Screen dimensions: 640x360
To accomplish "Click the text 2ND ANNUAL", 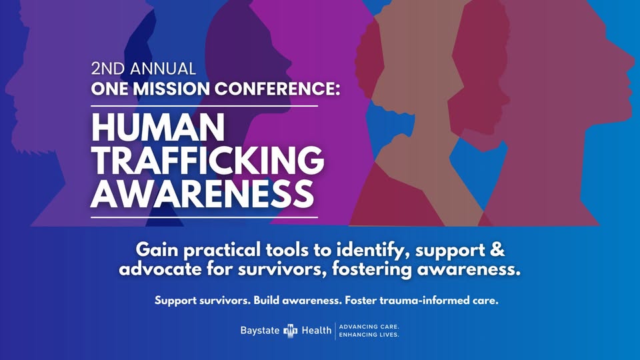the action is [x=143, y=69].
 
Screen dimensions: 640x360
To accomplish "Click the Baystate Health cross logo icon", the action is [x=291, y=331].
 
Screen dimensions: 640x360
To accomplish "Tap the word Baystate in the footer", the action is [x=260, y=330].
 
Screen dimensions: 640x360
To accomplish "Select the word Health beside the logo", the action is [x=316, y=330].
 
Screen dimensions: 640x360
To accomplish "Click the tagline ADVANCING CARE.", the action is [x=369, y=327].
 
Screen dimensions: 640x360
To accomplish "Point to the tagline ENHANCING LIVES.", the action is [x=369, y=335].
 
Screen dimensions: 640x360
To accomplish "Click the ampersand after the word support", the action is [x=497, y=249].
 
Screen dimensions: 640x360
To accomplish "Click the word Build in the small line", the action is [x=267, y=301].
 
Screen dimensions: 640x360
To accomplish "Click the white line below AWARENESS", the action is [x=204, y=217].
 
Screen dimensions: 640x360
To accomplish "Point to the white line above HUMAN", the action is [x=204, y=106].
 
